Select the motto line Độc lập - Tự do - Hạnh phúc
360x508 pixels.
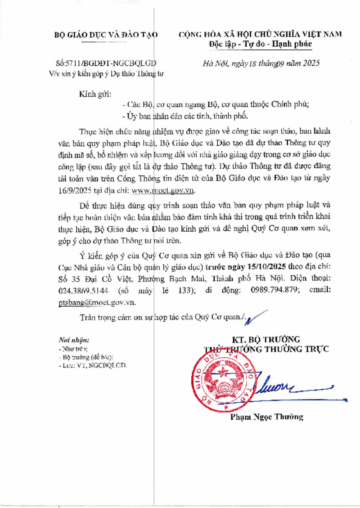(x=260, y=44)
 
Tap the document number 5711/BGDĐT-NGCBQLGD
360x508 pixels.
(x=111, y=63)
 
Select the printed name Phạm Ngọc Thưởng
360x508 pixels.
(x=266, y=417)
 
